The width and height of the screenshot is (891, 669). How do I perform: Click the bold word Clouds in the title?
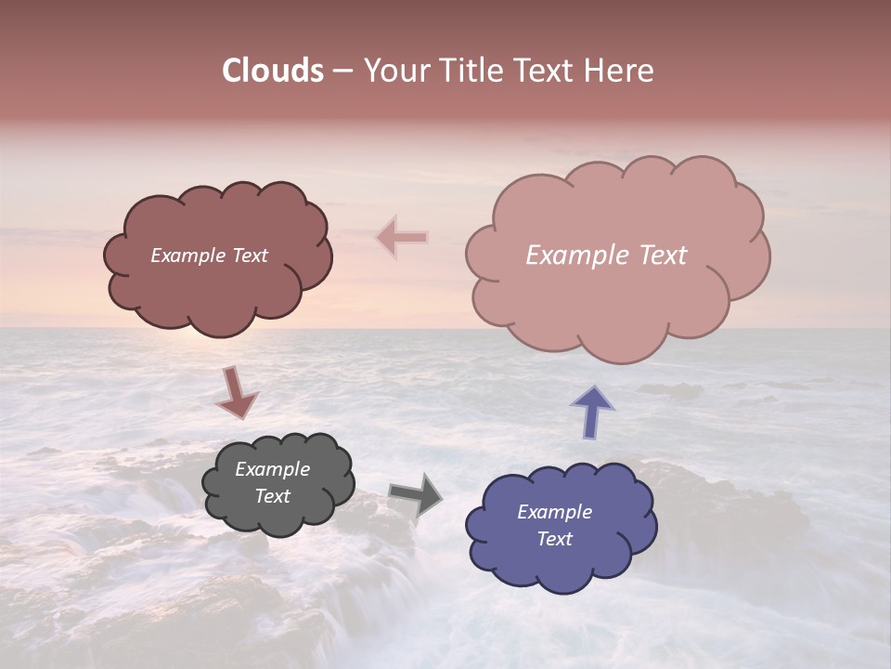coord(273,71)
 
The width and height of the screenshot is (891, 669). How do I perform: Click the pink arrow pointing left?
coord(402,238)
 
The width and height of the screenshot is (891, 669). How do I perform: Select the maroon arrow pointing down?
coord(237,392)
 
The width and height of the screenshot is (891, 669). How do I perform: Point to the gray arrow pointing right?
coord(416,495)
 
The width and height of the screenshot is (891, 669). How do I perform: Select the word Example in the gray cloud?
coord(273,469)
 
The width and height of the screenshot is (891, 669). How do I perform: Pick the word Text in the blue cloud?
coord(555,539)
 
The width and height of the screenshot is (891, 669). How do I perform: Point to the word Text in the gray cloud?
coord(273,496)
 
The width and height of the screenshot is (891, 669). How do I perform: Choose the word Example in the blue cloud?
coord(555,512)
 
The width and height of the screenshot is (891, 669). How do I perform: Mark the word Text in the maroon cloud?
coord(249,256)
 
